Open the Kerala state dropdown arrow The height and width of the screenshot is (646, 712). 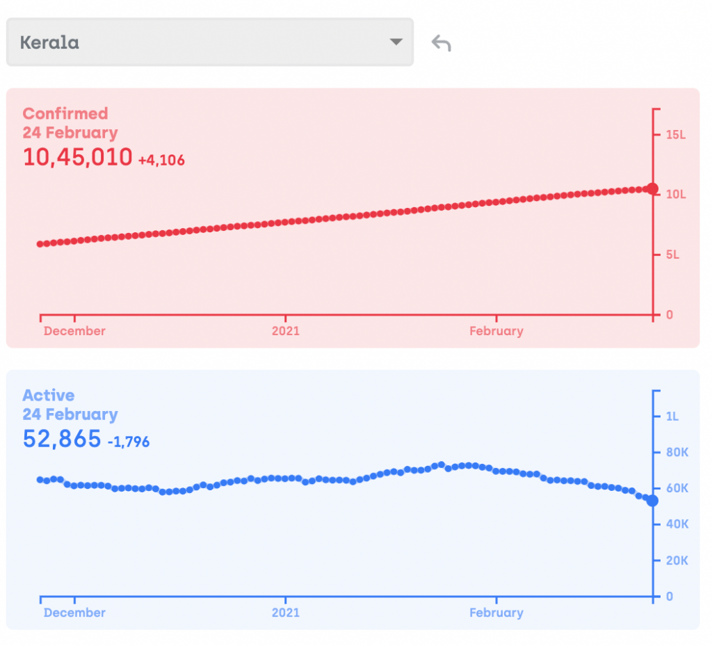396,42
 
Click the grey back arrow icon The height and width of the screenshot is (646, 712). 441,43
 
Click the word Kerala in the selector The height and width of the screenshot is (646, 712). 49,42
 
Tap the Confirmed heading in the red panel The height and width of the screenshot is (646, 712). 65,113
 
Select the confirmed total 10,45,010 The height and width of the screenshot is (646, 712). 77,157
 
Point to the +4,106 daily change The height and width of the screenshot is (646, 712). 161,160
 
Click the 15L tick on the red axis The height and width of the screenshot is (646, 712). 675,134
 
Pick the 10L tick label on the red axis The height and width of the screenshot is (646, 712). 675,195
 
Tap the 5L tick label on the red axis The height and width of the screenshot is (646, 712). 672,255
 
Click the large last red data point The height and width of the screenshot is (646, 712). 652,188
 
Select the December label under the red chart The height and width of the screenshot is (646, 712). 74,331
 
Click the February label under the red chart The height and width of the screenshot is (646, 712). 496,331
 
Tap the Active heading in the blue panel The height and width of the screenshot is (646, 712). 48,395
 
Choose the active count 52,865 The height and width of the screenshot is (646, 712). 62,439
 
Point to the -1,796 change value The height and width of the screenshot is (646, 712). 129,442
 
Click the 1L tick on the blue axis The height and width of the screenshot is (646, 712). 672,417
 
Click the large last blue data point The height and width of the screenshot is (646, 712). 652,501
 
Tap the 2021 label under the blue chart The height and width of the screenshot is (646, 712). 285,613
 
